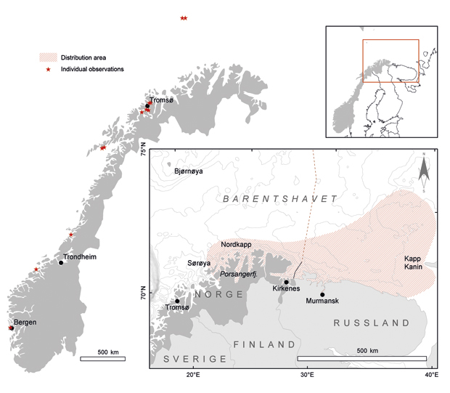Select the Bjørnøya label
[x=189, y=171]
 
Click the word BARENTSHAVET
[x=279, y=198]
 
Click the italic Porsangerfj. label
[x=240, y=274]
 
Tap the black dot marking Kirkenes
[x=287, y=282]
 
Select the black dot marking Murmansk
[x=322, y=294]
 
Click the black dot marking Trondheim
[x=62, y=262]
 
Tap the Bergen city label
[x=24, y=322]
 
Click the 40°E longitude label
[x=430, y=375]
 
